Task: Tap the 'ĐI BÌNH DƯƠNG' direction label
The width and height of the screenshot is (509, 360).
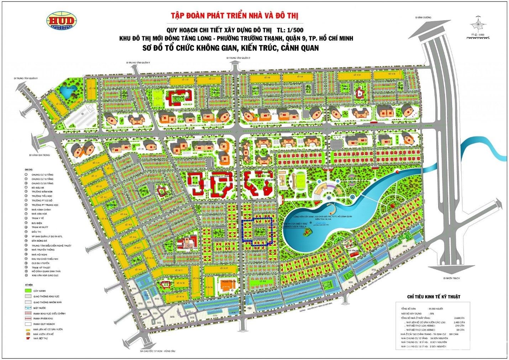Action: (x=423, y=17)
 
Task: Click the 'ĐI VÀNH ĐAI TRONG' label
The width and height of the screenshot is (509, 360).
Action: (x=40, y=155)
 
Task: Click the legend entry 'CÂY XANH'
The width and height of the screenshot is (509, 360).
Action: (x=39, y=291)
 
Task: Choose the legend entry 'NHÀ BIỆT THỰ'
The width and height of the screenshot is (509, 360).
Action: (x=40, y=338)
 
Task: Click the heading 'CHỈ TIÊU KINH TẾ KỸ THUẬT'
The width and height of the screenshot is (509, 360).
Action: (x=434, y=297)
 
